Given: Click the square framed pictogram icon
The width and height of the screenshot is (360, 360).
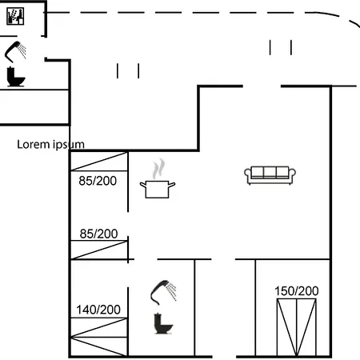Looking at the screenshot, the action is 15,16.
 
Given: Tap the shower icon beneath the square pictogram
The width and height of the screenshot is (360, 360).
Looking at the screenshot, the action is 15,51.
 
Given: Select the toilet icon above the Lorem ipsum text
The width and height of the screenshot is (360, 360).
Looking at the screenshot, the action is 16,77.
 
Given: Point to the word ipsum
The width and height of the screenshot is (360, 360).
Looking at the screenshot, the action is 69,146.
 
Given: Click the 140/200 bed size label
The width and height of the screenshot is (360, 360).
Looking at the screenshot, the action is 98,310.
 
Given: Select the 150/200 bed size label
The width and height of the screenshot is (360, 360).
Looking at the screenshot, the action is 297,291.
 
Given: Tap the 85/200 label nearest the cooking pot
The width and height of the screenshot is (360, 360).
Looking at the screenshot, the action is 98,181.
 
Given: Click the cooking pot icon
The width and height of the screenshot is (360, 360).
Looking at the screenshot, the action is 158,189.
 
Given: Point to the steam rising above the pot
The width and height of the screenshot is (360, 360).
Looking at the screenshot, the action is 158,169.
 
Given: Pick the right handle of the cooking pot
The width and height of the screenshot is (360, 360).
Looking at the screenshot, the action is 172,185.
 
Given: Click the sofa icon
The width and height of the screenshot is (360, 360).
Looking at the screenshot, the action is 270,175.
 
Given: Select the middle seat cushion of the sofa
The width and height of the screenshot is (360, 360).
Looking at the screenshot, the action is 270,172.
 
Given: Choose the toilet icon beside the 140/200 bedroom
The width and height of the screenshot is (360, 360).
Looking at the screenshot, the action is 163,323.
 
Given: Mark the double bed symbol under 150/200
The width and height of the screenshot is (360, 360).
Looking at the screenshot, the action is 297,327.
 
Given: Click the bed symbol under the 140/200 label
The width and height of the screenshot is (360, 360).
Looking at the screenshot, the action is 99,337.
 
